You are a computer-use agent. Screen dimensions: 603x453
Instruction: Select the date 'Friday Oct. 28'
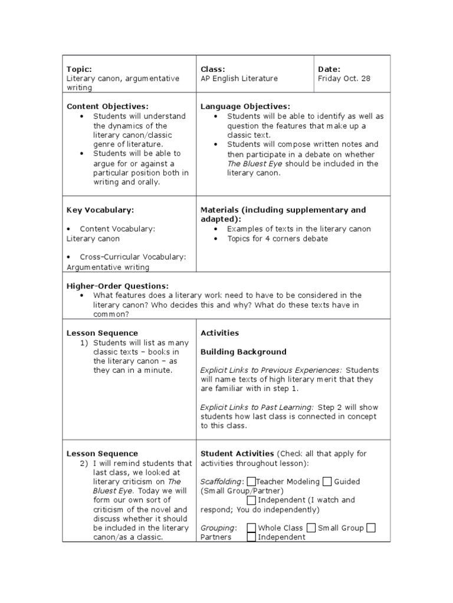coord(344,78)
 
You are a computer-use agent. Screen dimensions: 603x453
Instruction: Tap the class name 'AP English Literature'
coord(239,78)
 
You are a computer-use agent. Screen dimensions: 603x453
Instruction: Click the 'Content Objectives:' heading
coord(107,107)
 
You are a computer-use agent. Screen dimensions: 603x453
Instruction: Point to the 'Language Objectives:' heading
coord(245,107)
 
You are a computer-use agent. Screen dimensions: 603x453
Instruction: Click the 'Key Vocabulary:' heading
coord(100,210)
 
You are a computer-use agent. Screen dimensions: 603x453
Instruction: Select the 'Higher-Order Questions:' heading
coord(117,286)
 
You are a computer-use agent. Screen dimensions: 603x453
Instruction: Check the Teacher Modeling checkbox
coord(252,482)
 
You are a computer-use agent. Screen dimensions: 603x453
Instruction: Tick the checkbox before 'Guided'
coord(327,482)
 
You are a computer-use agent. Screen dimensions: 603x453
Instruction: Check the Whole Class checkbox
coord(252,528)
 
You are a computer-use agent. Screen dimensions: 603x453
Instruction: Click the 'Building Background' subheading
coord(244,352)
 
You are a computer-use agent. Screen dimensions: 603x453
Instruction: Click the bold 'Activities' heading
coord(219,333)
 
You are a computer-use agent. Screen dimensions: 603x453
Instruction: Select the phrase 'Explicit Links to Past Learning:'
coord(257,407)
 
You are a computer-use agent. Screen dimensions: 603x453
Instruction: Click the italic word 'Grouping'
coord(218,528)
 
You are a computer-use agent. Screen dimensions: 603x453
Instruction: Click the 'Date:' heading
coord(329,69)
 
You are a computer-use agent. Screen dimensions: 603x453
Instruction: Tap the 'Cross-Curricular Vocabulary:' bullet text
coord(133,257)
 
